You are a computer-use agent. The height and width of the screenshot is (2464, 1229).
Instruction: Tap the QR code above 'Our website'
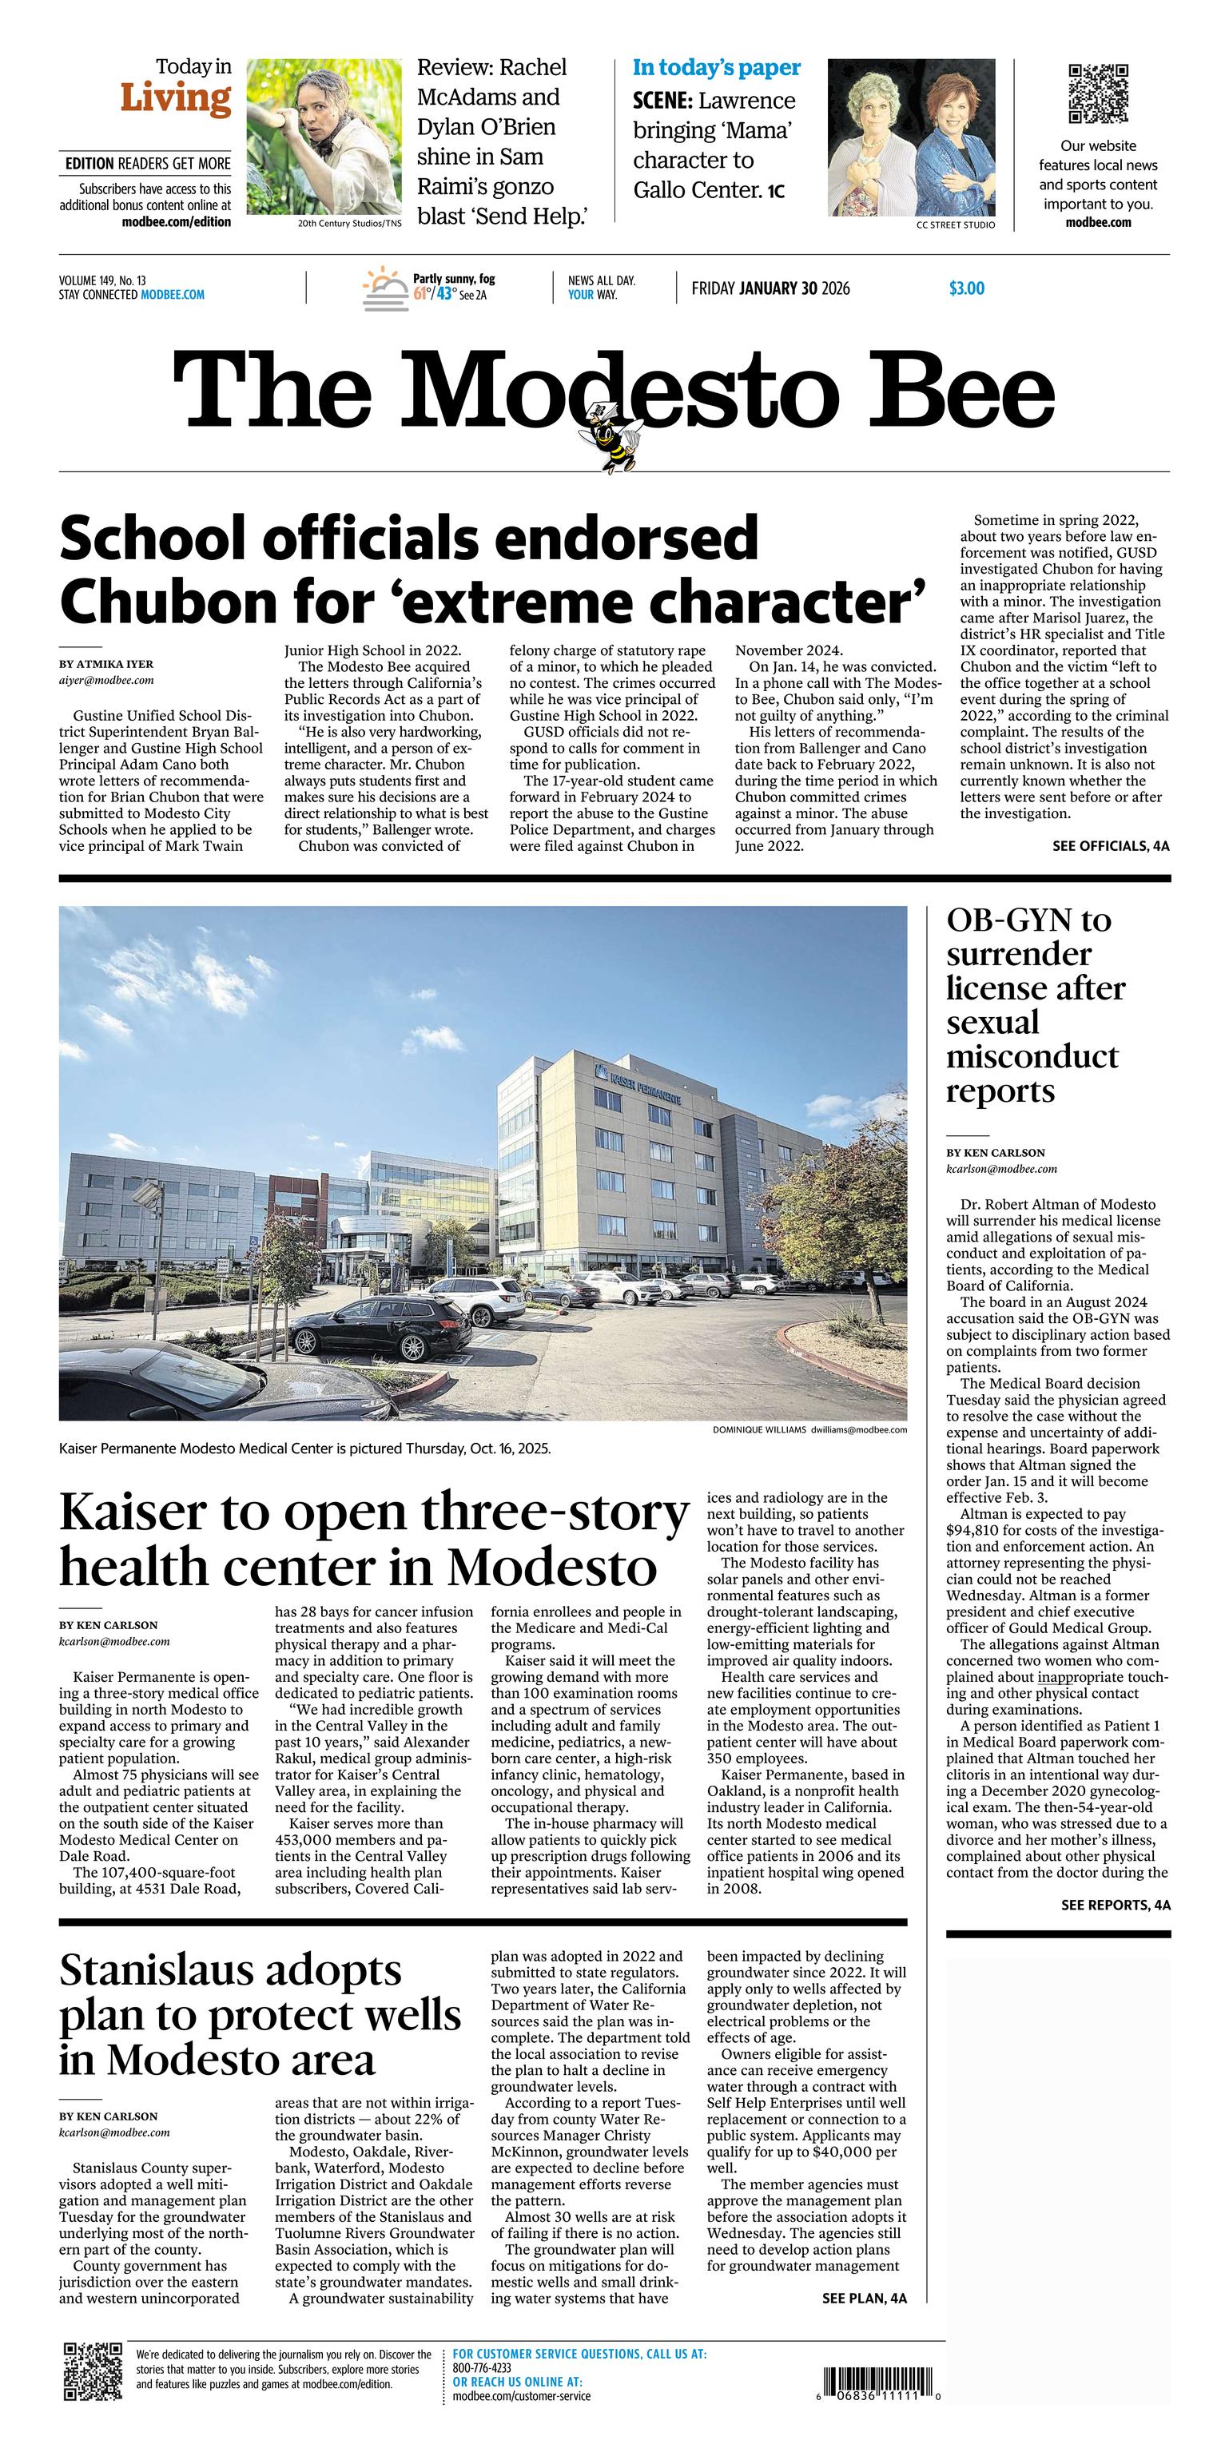click(x=1098, y=93)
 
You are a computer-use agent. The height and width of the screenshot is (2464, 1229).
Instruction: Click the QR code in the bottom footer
click(x=93, y=2371)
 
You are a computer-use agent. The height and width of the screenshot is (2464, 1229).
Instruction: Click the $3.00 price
click(x=966, y=288)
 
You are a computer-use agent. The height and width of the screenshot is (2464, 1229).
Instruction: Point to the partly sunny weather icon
click(x=384, y=288)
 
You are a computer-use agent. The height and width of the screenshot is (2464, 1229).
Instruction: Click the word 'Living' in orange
click(x=176, y=98)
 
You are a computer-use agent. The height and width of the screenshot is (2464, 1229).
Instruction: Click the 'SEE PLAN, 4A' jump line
click(x=864, y=2299)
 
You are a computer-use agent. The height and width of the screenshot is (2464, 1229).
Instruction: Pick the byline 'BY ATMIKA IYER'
click(x=105, y=664)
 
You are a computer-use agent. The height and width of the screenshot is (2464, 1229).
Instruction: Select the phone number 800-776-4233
click(x=482, y=2367)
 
